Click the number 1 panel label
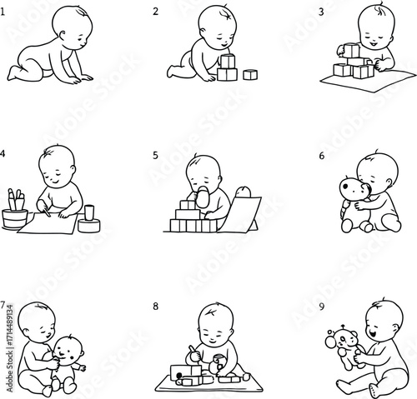pos(3,12)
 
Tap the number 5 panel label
pos(155,155)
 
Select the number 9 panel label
pos(322,307)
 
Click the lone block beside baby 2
pos(250,74)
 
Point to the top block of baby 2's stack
pos(228,62)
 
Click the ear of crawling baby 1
pos(62,36)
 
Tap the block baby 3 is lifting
pos(351,51)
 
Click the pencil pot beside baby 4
pos(14,218)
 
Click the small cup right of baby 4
pos(89,212)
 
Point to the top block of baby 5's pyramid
pos(188,205)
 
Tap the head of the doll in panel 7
pos(68,350)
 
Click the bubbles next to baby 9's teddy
pos(331,339)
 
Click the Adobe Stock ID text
pos(10,348)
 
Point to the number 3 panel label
pos(321,12)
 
